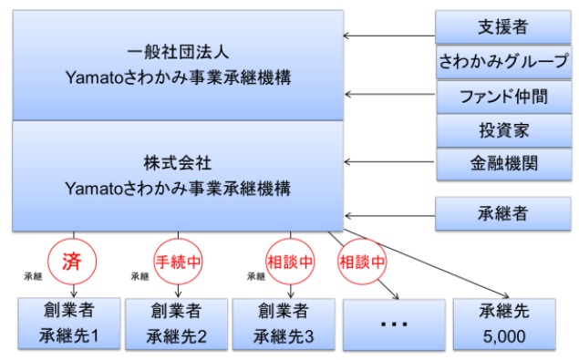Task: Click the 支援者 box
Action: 502,26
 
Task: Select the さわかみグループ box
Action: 502,61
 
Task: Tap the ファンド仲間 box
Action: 502,96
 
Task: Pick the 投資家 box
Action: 502,130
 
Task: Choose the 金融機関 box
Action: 502,164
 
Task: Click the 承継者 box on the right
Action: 502,215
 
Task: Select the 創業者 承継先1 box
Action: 68,324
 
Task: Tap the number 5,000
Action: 502,336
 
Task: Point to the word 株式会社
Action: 178,163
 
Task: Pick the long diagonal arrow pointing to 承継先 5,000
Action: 429,263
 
